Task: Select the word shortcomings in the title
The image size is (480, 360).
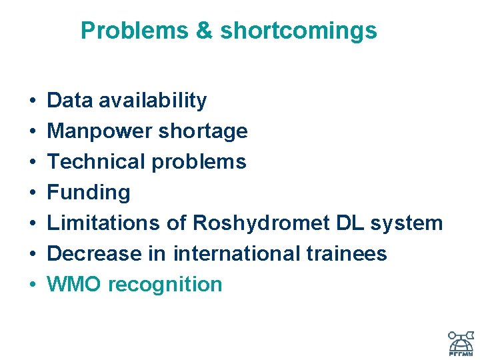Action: [298, 31]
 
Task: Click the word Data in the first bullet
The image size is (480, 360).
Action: [70, 101]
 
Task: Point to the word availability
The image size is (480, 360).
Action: [153, 101]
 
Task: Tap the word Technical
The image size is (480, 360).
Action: [97, 162]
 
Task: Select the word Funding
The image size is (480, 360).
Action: [89, 193]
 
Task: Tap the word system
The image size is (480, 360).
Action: [407, 223]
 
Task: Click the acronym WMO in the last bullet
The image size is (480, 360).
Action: [74, 285]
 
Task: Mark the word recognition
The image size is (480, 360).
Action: [165, 285]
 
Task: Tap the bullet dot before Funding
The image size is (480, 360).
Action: [33, 193]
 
